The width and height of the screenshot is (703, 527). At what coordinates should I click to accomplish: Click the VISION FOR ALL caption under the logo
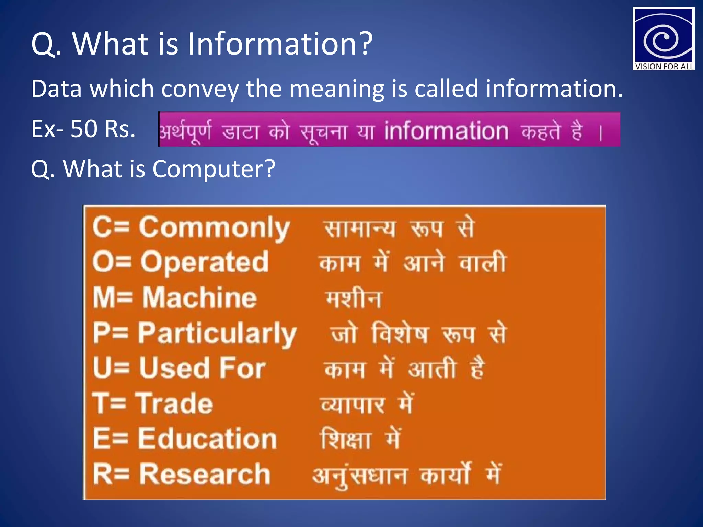[664, 67]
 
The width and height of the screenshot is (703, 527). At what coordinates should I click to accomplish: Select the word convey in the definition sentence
[200, 89]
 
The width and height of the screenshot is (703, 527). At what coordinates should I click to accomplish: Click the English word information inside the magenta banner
[446, 131]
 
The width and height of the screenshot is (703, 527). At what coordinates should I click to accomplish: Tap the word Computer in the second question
[214, 169]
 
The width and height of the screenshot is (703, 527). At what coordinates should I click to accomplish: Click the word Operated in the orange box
[205, 262]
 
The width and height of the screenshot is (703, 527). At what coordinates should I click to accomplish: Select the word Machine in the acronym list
[199, 297]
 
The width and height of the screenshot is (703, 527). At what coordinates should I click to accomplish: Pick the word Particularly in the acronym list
[217, 333]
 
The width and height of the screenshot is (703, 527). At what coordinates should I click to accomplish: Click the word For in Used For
[242, 368]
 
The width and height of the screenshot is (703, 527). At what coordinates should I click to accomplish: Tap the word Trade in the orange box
[174, 404]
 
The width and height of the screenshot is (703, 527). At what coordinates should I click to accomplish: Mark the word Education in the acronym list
[207, 439]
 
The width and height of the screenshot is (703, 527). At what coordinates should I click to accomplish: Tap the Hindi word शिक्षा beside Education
[346, 439]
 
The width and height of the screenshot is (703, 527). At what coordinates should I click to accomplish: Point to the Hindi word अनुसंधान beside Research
[360, 476]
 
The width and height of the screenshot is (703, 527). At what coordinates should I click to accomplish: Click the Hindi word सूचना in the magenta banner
[323, 132]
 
